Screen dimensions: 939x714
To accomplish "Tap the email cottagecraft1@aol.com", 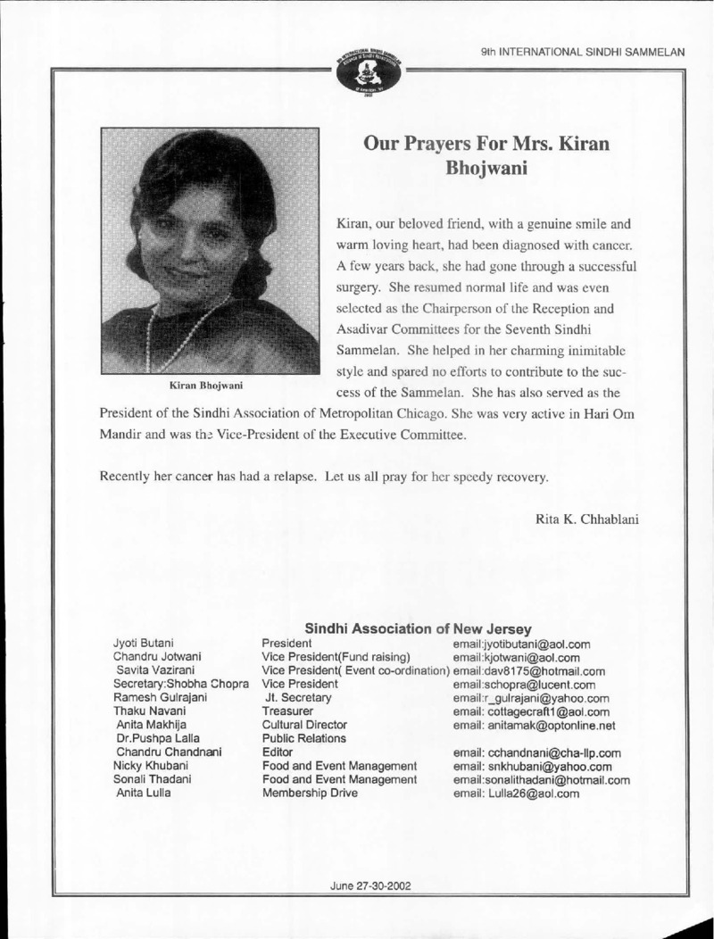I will point(531,711).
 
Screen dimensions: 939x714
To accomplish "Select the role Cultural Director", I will point(303,726).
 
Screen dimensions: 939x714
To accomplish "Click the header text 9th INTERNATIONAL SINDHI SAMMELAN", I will point(582,53).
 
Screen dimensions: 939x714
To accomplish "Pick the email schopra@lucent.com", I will point(519,685).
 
